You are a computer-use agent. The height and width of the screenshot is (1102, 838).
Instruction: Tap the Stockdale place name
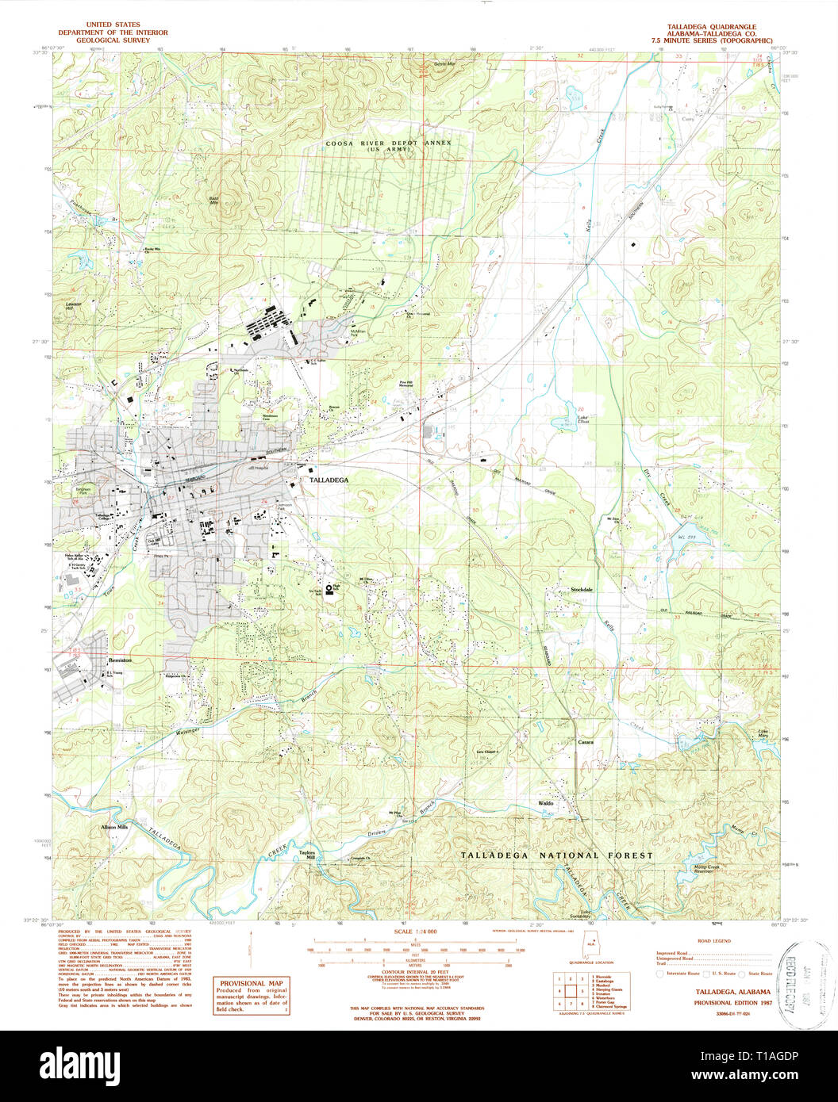pos(582,590)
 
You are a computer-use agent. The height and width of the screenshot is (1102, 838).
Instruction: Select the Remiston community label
pos(120,660)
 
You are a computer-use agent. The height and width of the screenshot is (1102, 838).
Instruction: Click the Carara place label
pos(586,742)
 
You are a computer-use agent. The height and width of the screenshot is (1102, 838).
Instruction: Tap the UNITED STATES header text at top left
pos(112,25)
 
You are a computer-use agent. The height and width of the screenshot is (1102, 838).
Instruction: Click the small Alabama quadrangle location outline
pos(588,948)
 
